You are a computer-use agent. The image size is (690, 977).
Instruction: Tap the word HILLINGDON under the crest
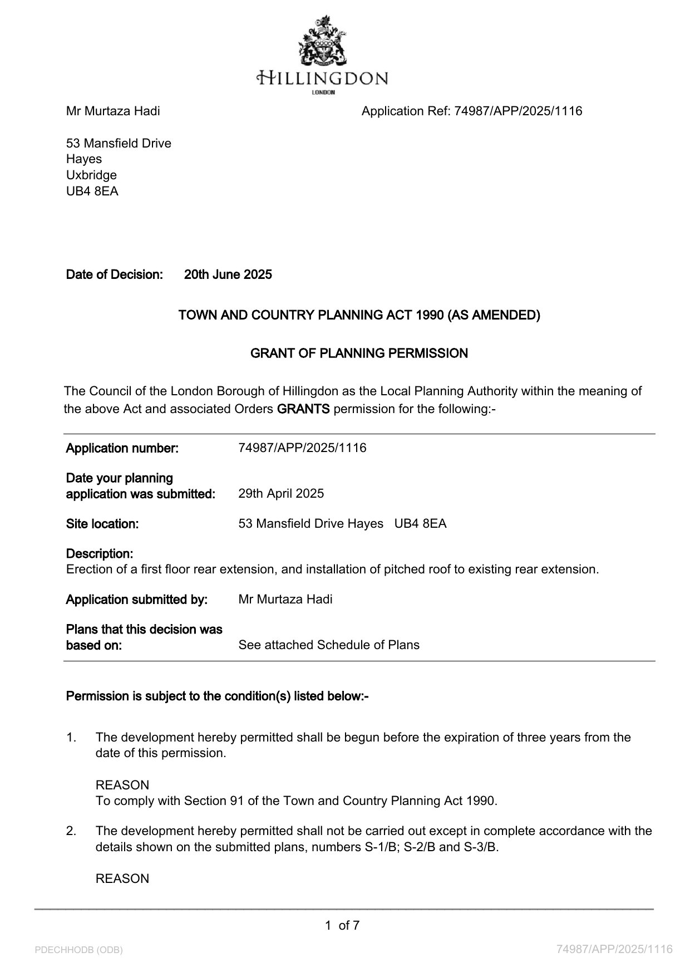pos(323,78)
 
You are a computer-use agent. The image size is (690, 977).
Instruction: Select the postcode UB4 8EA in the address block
pos(92,192)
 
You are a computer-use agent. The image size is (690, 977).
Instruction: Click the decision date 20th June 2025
pos(228,274)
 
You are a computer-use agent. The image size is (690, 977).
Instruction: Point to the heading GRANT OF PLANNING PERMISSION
pos(359,354)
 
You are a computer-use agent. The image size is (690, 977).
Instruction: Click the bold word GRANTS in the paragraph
pos(303,409)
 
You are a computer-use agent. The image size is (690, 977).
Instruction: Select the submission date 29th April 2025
pos(281,494)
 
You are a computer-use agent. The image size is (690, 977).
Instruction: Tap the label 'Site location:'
pos(102,524)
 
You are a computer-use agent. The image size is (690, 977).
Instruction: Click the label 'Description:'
pos(100,554)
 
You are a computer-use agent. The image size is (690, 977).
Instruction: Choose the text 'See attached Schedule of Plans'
pos(329,645)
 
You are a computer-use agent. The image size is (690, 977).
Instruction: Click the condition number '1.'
pos(71,738)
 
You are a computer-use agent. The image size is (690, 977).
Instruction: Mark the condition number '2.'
pos(71,831)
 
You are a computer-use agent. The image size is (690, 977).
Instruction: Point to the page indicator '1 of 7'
pos(342,926)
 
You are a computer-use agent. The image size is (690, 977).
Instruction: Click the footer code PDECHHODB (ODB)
pos(78,950)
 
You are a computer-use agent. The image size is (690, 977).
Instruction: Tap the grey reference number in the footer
pos(614,949)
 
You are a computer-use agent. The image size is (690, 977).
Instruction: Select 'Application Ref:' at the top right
pos(406,111)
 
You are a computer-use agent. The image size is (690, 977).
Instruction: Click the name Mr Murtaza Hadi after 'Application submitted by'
pos(285,600)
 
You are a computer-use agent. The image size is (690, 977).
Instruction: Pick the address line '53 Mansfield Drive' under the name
pos(119,144)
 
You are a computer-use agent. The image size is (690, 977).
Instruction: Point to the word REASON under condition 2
pos(122,879)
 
